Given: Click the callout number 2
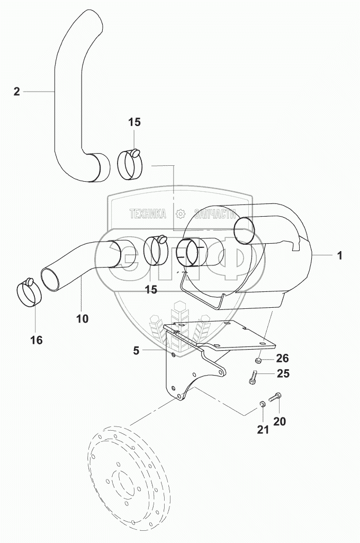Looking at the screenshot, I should tap(16, 92).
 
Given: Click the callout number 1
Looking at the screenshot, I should tap(340, 256).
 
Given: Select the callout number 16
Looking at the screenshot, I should tap(35, 340).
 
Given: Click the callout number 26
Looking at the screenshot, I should tap(283, 358).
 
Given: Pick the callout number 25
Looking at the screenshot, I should tap(283, 374).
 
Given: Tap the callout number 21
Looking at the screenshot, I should tap(263, 430).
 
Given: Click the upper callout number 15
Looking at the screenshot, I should tap(134, 122).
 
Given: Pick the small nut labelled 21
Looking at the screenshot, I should tap(261, 406).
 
